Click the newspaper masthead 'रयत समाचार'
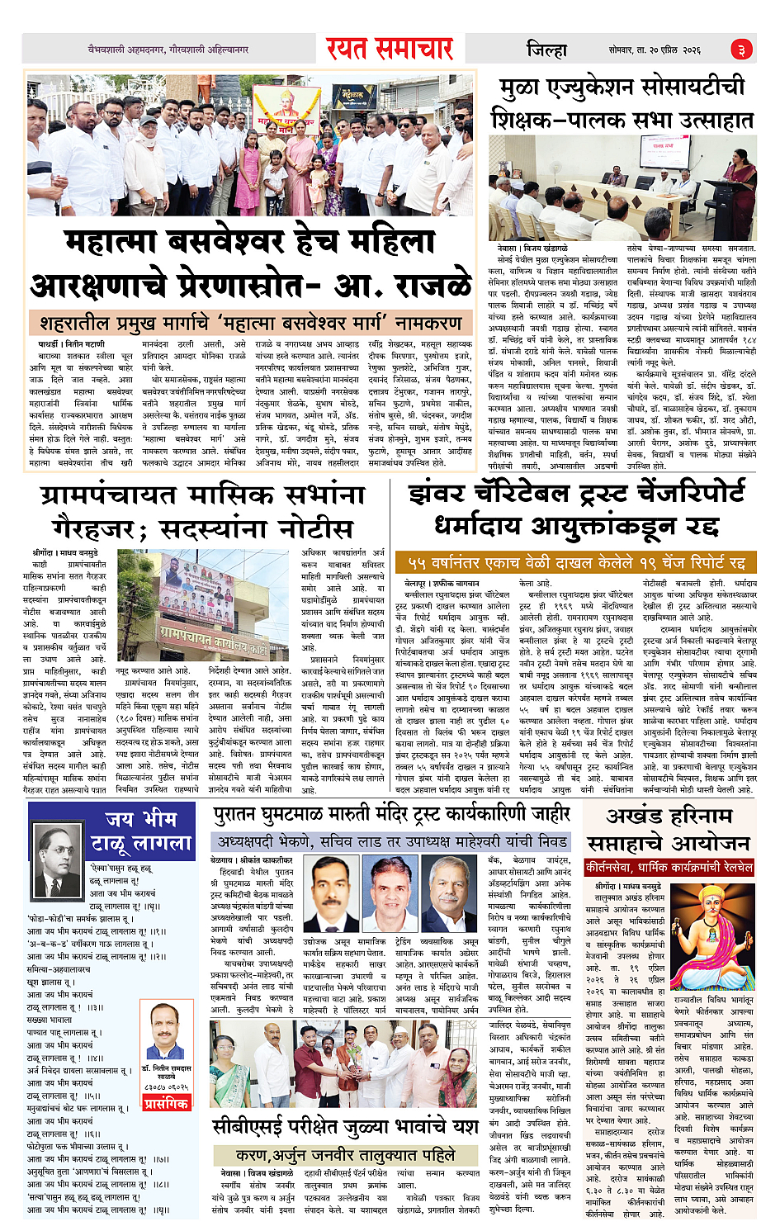389,49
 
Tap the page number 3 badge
740,50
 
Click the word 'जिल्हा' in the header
546,50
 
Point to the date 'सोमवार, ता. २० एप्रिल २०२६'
655,50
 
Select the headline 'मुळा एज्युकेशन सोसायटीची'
622,87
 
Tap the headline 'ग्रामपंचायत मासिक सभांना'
202,495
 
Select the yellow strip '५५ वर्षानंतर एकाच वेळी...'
575,562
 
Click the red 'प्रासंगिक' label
166,1103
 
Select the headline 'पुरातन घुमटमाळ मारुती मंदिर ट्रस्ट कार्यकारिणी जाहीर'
391,815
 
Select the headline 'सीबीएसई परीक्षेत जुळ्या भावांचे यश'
345,1126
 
